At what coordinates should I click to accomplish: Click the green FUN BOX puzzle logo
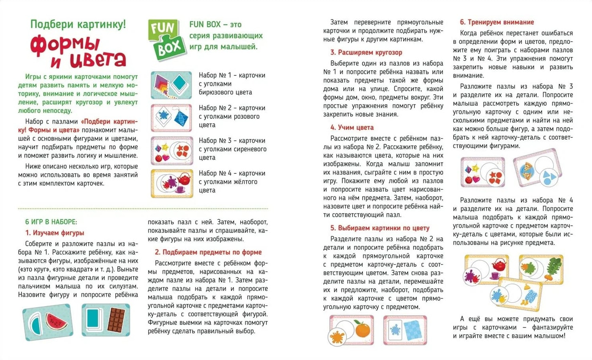click(167, 40)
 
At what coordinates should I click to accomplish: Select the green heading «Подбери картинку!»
click(78, 25)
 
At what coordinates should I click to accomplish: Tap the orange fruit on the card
click(362, 330)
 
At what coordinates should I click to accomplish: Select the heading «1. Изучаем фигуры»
click(55, 233)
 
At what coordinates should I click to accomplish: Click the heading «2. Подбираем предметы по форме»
click(208, 252)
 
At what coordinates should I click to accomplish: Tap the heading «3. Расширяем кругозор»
click(366, 52)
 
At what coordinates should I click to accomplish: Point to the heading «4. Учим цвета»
click(352, 128)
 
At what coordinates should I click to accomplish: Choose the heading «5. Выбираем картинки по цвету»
click(379, 228)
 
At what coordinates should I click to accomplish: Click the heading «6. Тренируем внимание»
click(497, 22)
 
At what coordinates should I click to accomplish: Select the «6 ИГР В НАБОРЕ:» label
click(51, 222)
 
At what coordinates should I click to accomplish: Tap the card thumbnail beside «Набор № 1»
click(171, 85)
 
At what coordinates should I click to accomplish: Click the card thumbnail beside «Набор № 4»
click(171, 183)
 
